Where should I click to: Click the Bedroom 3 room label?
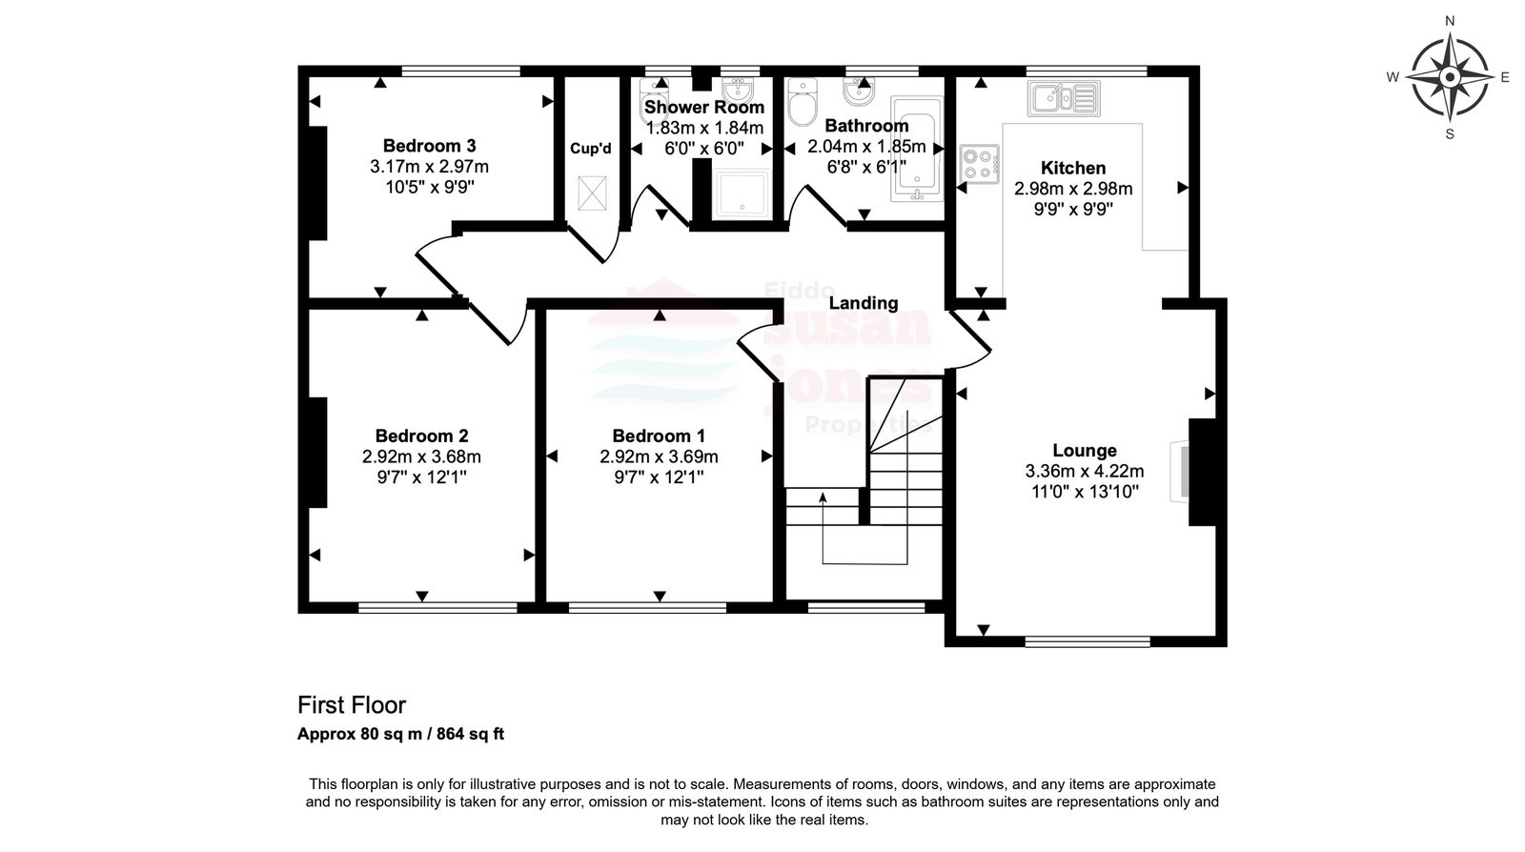point(429,146)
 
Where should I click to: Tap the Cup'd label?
point(591,149)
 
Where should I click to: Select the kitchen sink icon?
point(1064,99)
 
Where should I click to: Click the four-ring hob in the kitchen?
point(980,164)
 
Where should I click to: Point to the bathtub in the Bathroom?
point(917,149)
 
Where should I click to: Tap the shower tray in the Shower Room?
point(742,193)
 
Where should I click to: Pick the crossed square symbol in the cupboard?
point(592,193)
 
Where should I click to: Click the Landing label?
point(864,303)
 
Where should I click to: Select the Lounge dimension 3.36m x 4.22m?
point(1085,471)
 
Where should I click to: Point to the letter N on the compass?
point(1450,21)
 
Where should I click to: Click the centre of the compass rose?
point(1450,77)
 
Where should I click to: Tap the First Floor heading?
point(352,705)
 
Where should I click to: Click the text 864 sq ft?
point(470,734)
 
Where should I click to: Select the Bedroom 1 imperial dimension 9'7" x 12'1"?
point(659,477)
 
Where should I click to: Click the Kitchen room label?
point(1073,168)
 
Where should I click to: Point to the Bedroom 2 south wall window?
point(437,608)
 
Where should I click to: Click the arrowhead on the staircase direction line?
point(823,497)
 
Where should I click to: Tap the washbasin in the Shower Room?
point(738,90)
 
